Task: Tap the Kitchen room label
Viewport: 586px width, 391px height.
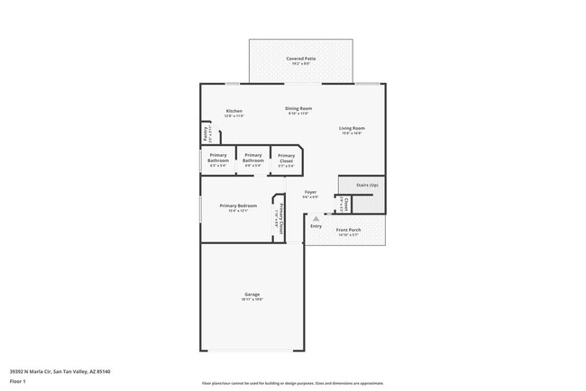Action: click(x=233, y=111)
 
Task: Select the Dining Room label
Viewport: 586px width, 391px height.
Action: click(x=298, y=108)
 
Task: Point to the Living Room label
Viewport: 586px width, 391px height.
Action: click(x=351, y=128)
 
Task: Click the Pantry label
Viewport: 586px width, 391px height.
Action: click(x=206, y=133)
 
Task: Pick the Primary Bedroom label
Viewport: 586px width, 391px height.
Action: click(x=233, y=205)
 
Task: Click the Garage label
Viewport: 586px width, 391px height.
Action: click(x=252, y=295)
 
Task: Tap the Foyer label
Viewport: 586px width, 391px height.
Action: click(x=310, y=192)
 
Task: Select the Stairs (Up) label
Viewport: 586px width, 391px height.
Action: click(x=367, y=184)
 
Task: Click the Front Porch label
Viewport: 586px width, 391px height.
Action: click(x=348, y=230)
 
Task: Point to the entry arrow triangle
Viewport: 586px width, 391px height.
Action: click(x=316, y=217)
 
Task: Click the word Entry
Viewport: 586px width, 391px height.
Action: click(x=316, y=225)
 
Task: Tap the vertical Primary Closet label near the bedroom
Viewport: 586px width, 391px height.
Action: click(x=280, y=220)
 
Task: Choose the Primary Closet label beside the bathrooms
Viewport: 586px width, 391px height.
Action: click(x=286, y=158)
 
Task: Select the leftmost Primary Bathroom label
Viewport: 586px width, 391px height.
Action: click(x=219, y=156)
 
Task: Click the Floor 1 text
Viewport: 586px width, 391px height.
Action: click(x=18, y=381)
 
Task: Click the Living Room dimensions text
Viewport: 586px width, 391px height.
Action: click(x=351, y=133)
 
